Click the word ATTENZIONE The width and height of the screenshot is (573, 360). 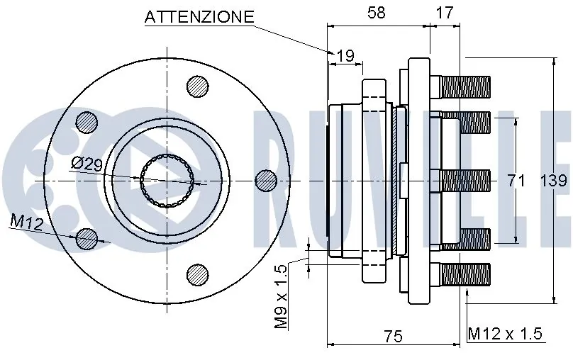click(199, 17)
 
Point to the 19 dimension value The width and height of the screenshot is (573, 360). click(345, 55)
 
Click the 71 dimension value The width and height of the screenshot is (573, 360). click(516, 181)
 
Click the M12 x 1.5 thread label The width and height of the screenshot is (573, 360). click(505, 334)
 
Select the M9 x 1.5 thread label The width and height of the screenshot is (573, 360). click(281, 296)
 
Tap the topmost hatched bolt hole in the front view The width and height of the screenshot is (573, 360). click(199, 86)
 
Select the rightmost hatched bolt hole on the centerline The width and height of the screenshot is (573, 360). click(265, 180)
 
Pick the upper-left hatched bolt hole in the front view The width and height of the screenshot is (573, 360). click(87, 121)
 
